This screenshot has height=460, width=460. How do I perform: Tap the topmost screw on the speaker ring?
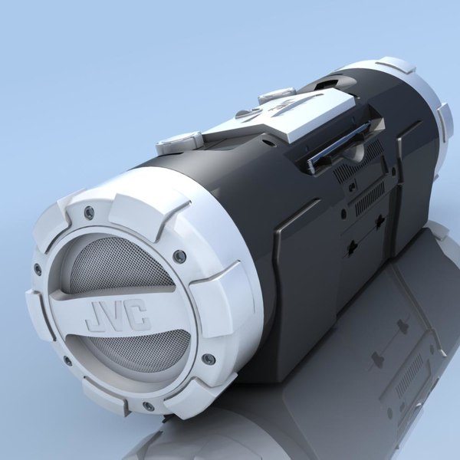90,212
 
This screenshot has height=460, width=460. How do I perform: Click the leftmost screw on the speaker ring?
38,269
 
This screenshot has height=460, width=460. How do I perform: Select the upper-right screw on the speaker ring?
179,256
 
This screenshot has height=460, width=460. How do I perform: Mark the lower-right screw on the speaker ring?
208,358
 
